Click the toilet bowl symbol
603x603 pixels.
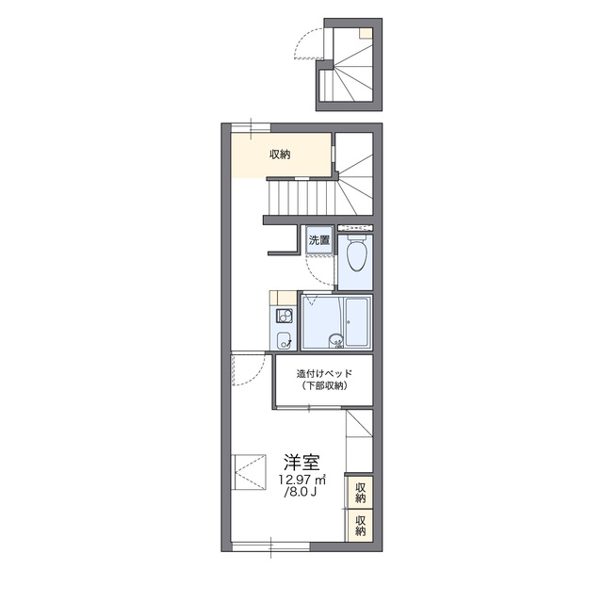point(357,253)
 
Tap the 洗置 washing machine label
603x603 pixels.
point(319,240)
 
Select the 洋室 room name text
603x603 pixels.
point(301,463)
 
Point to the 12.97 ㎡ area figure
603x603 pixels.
point(302,480)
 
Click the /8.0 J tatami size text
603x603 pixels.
point(301,492)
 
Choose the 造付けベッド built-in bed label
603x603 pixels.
point(324,373)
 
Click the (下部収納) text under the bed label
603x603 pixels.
point(324,385)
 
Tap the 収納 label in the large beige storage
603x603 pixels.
point(280,155)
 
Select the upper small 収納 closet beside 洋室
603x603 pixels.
point(360,493)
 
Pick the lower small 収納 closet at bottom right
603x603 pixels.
point(360,526)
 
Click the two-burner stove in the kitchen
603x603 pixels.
point(284,318)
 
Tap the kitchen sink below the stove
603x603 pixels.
point(285,339)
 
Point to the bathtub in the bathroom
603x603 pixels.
point(358,322)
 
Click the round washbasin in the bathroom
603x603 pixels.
point(335,341)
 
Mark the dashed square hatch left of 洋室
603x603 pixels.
point(249,472)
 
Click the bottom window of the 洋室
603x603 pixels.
point(270,546)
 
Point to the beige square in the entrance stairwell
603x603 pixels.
point(366,33)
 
